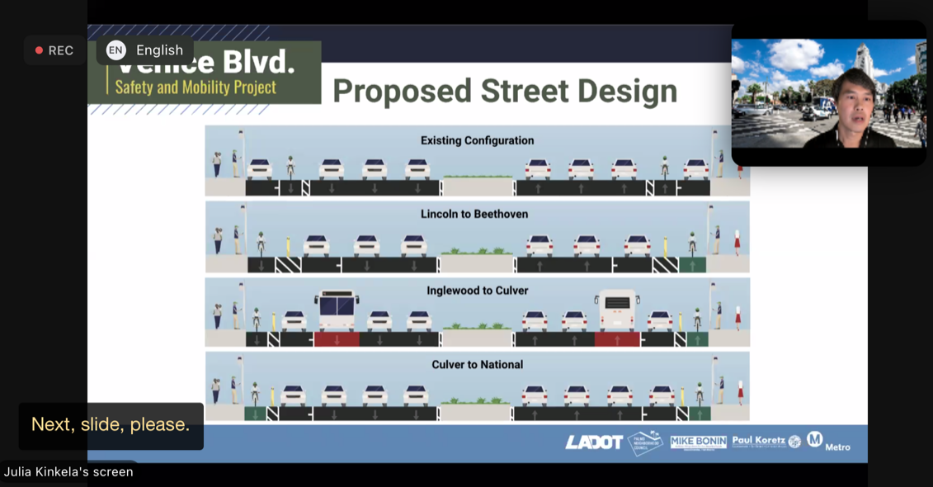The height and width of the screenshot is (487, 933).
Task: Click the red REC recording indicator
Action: pos(54,50)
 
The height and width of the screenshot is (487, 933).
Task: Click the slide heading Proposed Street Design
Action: pos(504,91)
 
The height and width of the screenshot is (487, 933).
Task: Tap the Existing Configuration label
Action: pos(477,140)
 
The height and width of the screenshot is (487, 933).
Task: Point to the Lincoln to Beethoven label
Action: pos(474,214)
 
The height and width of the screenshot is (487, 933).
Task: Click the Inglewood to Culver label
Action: pos(477,291)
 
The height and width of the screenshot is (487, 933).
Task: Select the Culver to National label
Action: pos(477,364)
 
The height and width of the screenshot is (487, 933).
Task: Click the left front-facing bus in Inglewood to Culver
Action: pos(336,310)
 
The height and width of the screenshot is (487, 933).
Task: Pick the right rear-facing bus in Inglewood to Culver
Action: pos(617,310)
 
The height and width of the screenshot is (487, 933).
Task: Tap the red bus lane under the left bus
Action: pos(337,339)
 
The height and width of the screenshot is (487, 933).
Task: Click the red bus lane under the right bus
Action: pos(617,339)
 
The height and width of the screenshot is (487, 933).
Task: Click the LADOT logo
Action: pos(593,442)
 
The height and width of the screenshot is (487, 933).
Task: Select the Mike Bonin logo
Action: pos(698,442)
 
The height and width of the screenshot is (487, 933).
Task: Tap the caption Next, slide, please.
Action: pos(111,424)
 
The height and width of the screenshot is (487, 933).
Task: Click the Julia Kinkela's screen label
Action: pos(68,472)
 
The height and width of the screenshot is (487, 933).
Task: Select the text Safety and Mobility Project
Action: pos(196,87)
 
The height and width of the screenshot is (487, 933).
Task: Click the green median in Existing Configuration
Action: pos(478,177)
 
